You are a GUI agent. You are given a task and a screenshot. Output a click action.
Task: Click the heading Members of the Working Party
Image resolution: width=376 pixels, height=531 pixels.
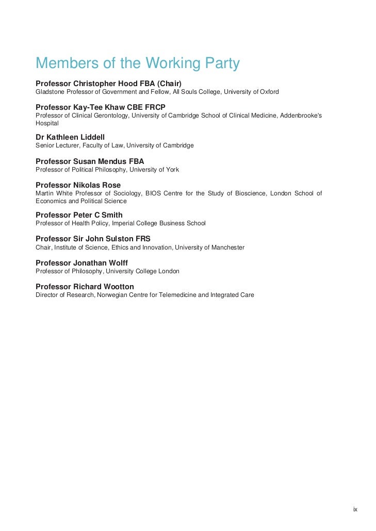pyautogui.click(x=138, y=64)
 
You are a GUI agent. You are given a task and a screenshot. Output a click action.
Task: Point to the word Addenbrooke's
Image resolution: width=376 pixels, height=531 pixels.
pyautogui.click(x=301, y=115)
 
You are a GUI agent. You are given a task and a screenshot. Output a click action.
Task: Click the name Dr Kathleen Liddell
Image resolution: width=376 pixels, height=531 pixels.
pyautogui.click(x=70, y=137)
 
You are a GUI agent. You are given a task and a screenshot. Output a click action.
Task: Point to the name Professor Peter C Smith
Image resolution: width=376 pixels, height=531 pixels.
pyautogui.click(x=79, y=215)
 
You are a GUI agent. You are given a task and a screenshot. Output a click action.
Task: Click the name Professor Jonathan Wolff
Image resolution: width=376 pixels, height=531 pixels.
pyautogui.click(x=81, y=263)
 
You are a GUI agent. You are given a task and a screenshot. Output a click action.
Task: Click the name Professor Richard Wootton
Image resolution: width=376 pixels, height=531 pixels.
pyautogui.click(x=85, y=287)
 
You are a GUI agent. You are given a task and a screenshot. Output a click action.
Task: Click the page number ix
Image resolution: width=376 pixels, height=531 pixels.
pyautogui.click(x=355, y=509)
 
